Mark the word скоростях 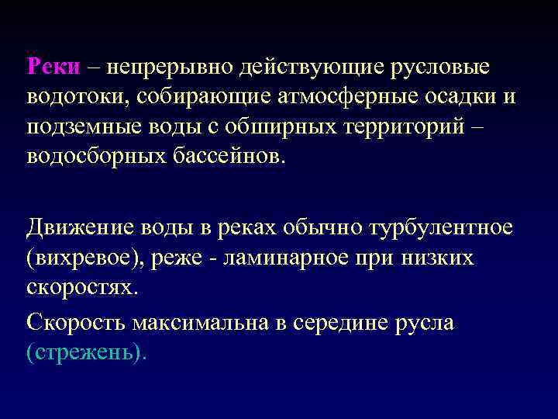tap(82, 287)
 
